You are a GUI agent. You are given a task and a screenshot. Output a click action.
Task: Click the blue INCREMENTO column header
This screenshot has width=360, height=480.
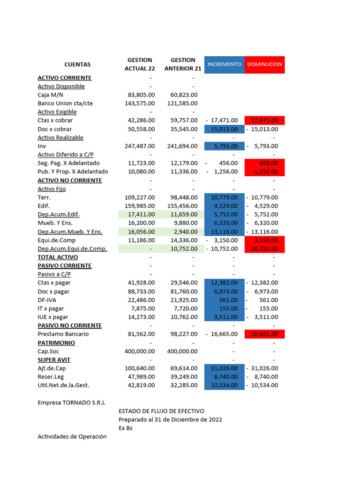click(224, 64)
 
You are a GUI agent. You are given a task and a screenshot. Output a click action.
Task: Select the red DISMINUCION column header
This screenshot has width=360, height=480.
click(264, 64)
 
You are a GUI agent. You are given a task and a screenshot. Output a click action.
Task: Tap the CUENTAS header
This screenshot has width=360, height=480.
click(77, 65)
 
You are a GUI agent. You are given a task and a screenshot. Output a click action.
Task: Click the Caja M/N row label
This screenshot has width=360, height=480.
click(50, 95)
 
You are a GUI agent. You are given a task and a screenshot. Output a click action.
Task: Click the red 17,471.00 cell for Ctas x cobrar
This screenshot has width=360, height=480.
click(264, 120)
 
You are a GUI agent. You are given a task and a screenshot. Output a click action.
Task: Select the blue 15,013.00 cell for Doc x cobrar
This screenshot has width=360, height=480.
click(224, 129)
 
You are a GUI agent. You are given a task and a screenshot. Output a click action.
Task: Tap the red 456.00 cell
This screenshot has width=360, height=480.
click(264, 163)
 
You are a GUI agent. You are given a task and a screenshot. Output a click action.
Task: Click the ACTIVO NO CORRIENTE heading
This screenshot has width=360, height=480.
click(70, 180)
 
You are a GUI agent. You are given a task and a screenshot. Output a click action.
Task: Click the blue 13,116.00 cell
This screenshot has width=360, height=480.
click(224, 232)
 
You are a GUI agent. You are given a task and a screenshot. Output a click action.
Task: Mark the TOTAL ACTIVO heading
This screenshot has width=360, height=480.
click(58, 257)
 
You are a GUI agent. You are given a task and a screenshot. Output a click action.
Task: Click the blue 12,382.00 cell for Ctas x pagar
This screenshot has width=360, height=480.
click(224, 283)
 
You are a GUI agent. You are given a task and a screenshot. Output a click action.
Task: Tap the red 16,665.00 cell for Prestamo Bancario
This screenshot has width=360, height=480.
click(264, 334)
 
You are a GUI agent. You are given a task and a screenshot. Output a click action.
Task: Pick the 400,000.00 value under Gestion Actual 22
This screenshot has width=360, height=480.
click(140, 351)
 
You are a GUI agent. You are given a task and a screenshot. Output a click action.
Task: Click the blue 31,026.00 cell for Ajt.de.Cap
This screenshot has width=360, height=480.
click(224, 368)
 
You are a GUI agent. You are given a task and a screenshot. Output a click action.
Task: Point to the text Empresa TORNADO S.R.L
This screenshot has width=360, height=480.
click(71, 403)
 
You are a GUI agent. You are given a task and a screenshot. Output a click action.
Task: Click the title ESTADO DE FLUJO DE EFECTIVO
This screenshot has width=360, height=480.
click(161, 411)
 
